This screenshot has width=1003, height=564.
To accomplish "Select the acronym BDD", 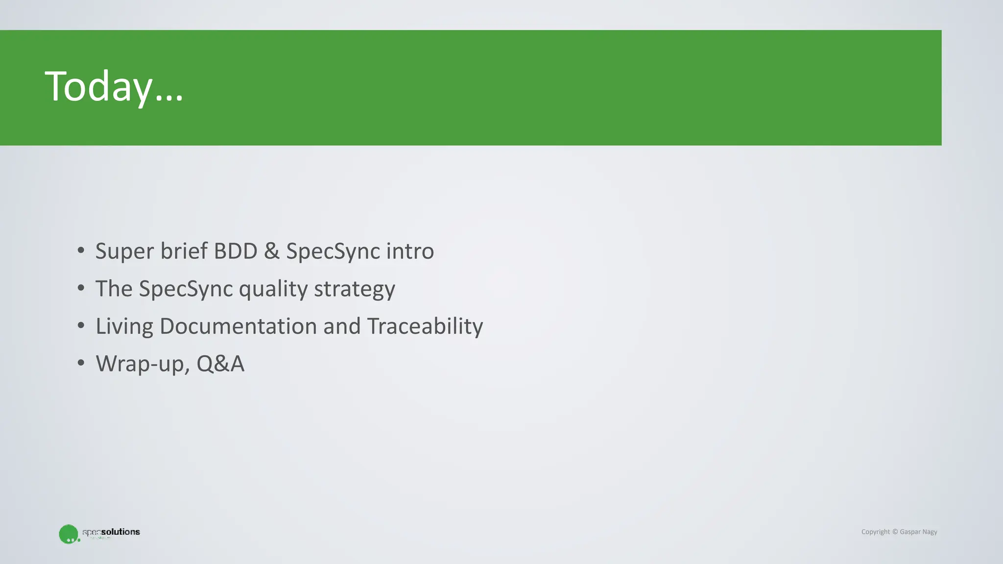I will pyautogui.click(x=236, y=251).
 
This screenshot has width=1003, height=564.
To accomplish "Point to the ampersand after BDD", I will pyautogui.click(x=271, y=251).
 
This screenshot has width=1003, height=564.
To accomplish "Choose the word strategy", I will pyautogui.click(x=354, y=289).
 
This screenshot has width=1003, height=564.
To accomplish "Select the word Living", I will pyautogui.click(x=124, y=327).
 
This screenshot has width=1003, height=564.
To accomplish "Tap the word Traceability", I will pyautogui.click(x=425, y=327).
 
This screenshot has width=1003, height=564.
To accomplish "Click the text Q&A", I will pyautogui.click(x=220, y=364).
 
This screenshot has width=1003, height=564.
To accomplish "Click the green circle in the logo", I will pyautogui.click(x=68, y=534).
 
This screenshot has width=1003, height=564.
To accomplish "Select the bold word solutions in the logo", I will pyautogui.click(x=120, y=532).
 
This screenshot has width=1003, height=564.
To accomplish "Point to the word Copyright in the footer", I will pyautogui.click(x=875, y=532).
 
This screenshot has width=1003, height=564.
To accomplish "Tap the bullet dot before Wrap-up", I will pyautogui.click(x=81, y=363).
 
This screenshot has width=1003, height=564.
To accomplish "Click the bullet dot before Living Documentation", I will pyautogui.click(x=81, y=326).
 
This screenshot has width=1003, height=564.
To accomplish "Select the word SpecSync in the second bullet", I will pyautogui.click(x=186, y=289).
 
